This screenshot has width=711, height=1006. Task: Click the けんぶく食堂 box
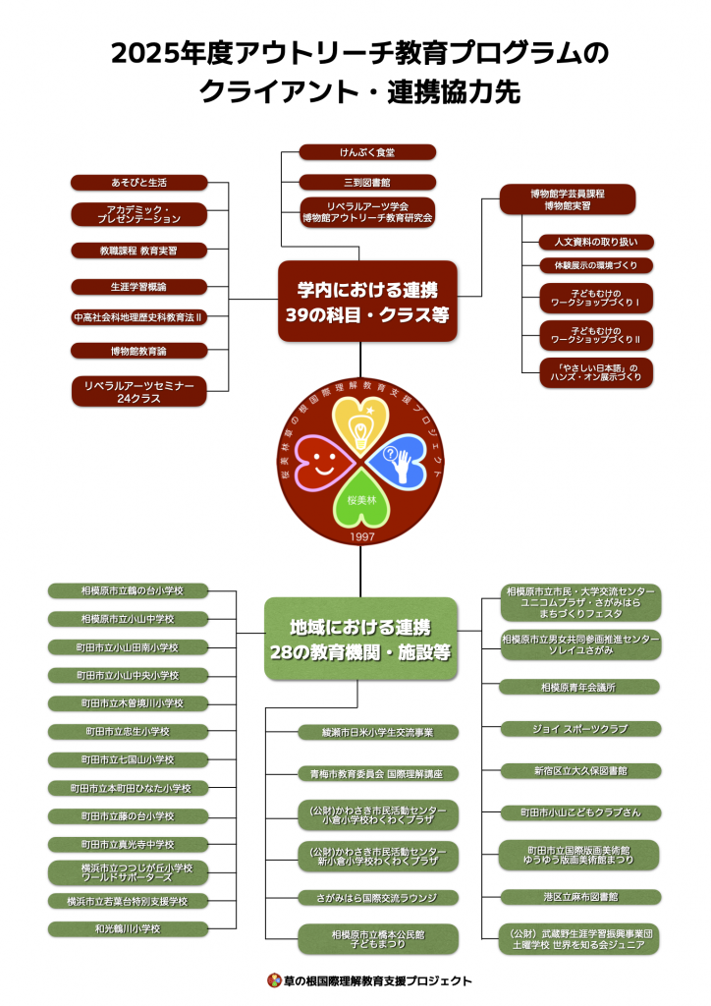point(367,152)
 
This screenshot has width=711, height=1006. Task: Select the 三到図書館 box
point(367,182)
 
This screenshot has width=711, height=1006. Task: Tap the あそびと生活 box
point(138,182)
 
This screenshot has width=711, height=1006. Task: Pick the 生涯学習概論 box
point(138,286)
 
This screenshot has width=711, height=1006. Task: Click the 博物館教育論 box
point(138,350)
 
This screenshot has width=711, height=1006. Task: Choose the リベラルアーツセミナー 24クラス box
point(138,391)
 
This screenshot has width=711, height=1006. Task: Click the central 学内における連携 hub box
point(367,301)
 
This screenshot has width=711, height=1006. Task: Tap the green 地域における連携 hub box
point(360,639)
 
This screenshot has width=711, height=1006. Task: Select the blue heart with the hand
point(403,460)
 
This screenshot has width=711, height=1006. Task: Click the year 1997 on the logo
point(362,537)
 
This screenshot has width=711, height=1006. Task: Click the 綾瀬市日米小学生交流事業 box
point(378,732)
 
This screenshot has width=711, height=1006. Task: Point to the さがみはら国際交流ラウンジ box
point(378,897)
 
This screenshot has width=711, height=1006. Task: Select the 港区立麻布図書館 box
point(579,897)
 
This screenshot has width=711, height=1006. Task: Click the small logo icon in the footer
point(275,980)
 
